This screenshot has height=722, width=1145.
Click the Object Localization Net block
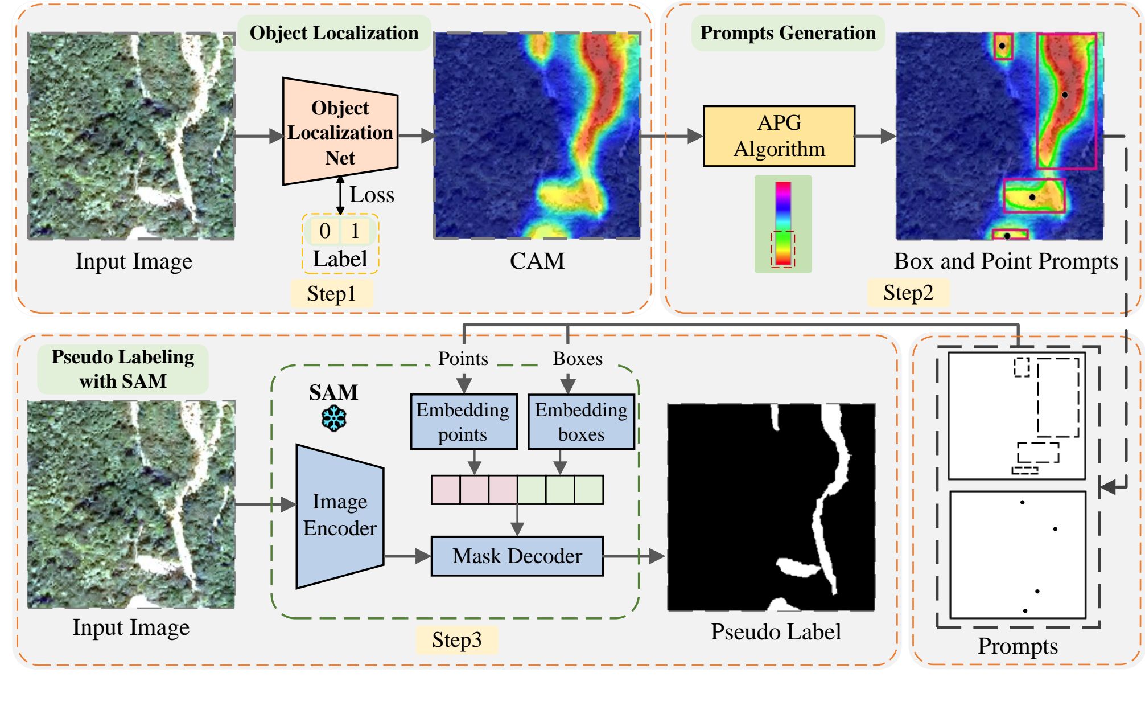click(340, 132)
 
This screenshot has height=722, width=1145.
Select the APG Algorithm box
click(779, 136)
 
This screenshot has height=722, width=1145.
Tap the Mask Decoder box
click(517, 556)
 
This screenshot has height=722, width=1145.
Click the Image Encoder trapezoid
click(340, 516)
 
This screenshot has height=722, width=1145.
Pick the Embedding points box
click(464, 421)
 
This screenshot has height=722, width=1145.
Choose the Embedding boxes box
click(581, 421)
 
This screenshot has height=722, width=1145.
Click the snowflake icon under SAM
click(333, 419)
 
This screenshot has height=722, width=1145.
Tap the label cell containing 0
click(325, 231)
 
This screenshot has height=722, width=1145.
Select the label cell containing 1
click(355, 231)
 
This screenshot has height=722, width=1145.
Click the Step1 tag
click(332, 294)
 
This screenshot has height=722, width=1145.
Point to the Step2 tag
click(908, 293)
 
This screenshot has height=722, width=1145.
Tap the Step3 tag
click(456, 639)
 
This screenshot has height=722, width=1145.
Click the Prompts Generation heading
click(788, 33)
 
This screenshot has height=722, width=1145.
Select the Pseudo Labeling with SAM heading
click(123, 369)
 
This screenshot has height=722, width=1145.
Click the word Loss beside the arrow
click(372, 195)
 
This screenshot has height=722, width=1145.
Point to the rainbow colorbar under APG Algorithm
click(783, 224)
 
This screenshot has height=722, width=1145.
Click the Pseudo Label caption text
click(776, 631)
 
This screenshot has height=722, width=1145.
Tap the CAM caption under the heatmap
click(537, 261)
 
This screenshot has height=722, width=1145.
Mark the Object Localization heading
click(334, 33)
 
